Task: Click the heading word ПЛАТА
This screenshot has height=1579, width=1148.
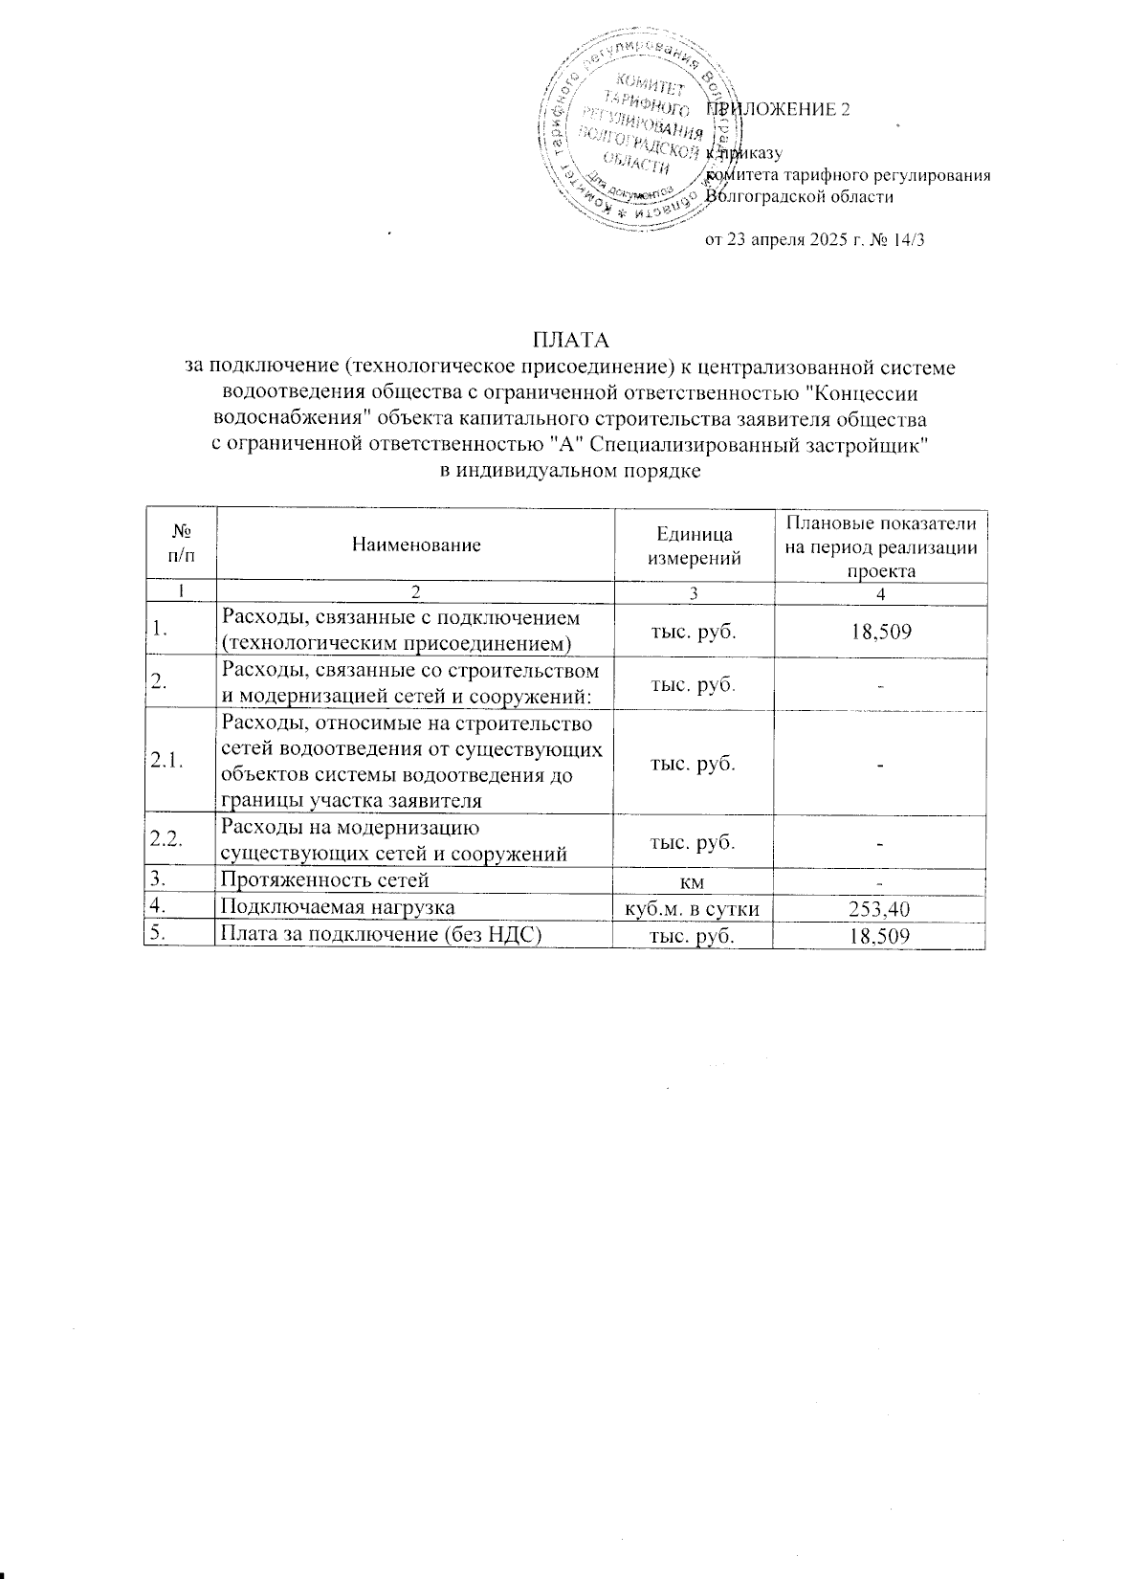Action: pos(571,341)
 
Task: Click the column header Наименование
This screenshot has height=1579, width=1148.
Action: pos(416,545)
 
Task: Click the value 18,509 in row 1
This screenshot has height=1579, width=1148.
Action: pos(880,632)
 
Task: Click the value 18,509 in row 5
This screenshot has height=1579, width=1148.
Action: pos(880,936)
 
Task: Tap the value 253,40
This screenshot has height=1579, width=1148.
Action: pos(880,908)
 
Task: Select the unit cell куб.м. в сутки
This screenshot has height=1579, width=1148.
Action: pos(694,908)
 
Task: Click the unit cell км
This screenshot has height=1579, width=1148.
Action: pos(694,880)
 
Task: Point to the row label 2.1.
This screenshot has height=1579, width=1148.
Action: pos(167,762)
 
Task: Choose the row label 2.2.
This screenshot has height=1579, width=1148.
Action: pos(167,840)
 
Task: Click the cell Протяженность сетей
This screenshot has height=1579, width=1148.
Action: pos(325,880)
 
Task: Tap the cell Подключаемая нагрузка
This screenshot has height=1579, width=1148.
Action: pos(338,908)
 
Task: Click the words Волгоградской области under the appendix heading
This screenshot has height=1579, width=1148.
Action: pos(800,197)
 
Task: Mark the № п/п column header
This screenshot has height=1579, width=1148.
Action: pos(181,545)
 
